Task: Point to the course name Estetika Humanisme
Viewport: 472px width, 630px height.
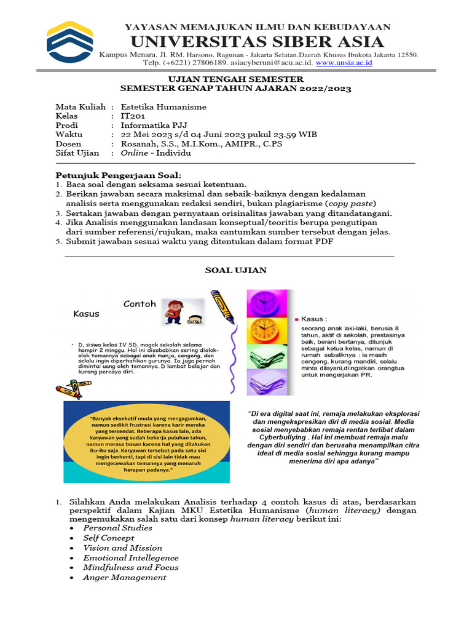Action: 163,106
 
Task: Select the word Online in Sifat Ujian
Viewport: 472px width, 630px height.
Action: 135,153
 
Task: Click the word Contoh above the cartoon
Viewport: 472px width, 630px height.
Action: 140,304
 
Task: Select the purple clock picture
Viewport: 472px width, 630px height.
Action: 269,302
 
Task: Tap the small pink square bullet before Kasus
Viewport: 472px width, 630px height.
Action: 297,319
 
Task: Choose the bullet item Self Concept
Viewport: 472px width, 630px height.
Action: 108,538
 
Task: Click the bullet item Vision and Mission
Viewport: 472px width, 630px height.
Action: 122,548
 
